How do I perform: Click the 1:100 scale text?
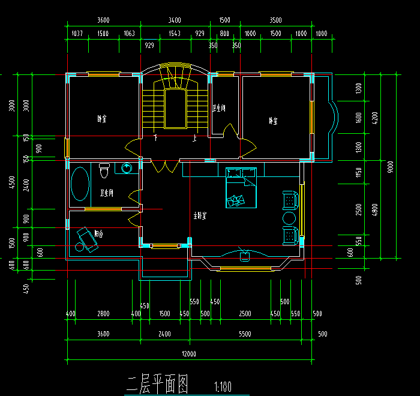click(222, 386)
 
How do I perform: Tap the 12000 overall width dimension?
click(189, 354)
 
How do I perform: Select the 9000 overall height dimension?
click(390, 165)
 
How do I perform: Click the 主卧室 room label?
click(200, 215)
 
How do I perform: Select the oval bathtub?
click(80, 184)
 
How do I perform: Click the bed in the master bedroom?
click(241, 188)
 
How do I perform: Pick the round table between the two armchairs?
click(290, 218)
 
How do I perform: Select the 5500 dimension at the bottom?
click(245, 334)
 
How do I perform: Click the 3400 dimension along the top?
click(175, 20)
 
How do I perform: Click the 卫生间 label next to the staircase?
click(219, 109)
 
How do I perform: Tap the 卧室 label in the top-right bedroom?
click(274, 121)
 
